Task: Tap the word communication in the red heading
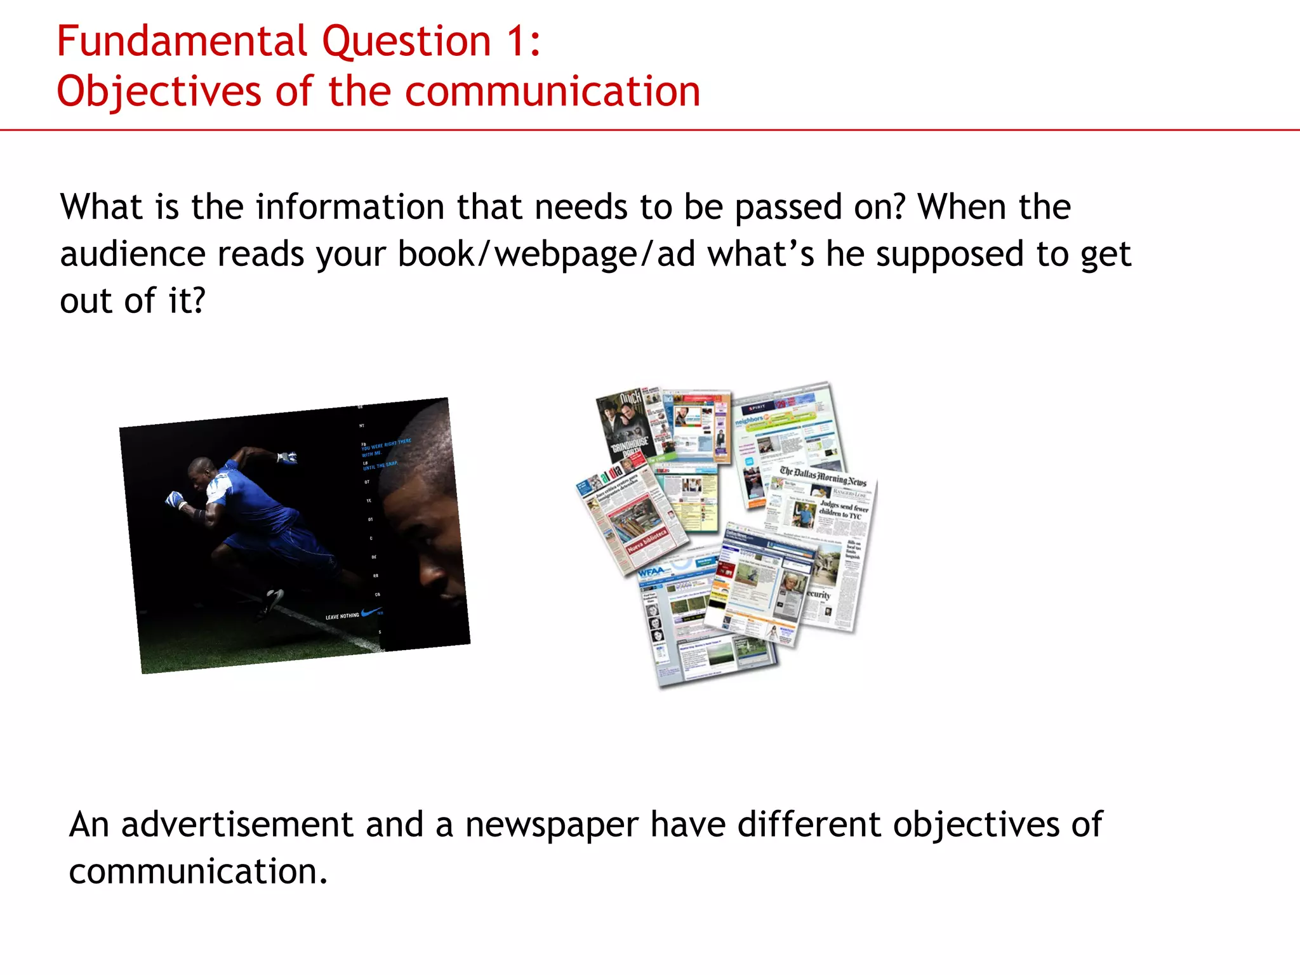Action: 552,91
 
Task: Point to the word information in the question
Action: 350,208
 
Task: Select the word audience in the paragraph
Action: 133,255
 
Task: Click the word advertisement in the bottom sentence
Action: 237,825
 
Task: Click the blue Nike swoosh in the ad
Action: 370,613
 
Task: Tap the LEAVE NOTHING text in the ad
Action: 342,616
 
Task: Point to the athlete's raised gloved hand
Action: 287,456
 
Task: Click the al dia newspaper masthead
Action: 611,475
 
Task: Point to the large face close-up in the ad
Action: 425,508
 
